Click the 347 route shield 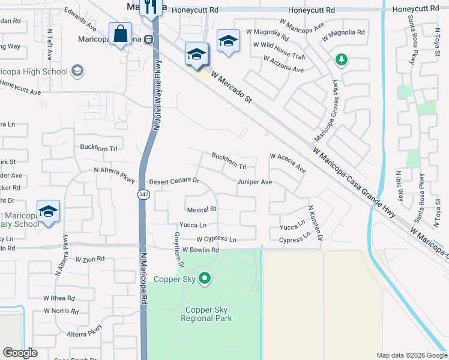pos(144,195)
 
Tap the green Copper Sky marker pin pos(205,278)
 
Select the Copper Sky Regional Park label pos(207,314)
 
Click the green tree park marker pos(342,59)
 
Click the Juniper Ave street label pos(255,182)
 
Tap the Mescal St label pos(201,209)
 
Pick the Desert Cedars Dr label pos(173,181)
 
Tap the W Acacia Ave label pos(288,163)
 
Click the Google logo pos(20,353)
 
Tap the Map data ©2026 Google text pos(411,355)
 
